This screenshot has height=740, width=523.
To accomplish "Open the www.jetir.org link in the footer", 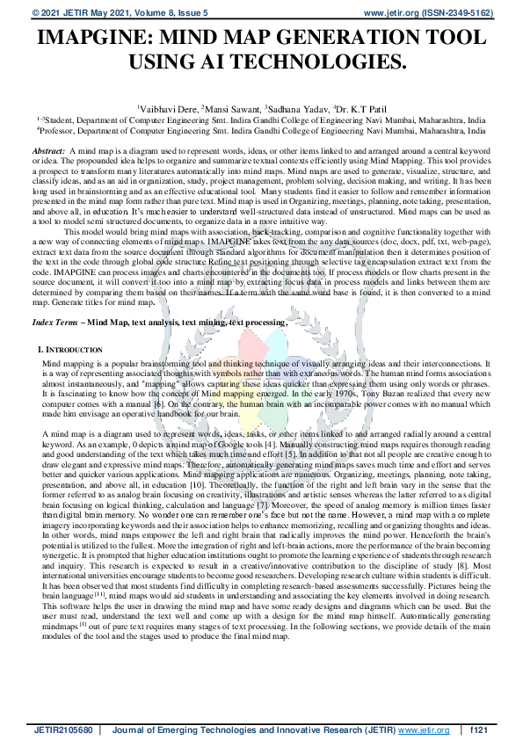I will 425,730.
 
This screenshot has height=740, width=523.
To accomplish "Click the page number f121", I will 480,730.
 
